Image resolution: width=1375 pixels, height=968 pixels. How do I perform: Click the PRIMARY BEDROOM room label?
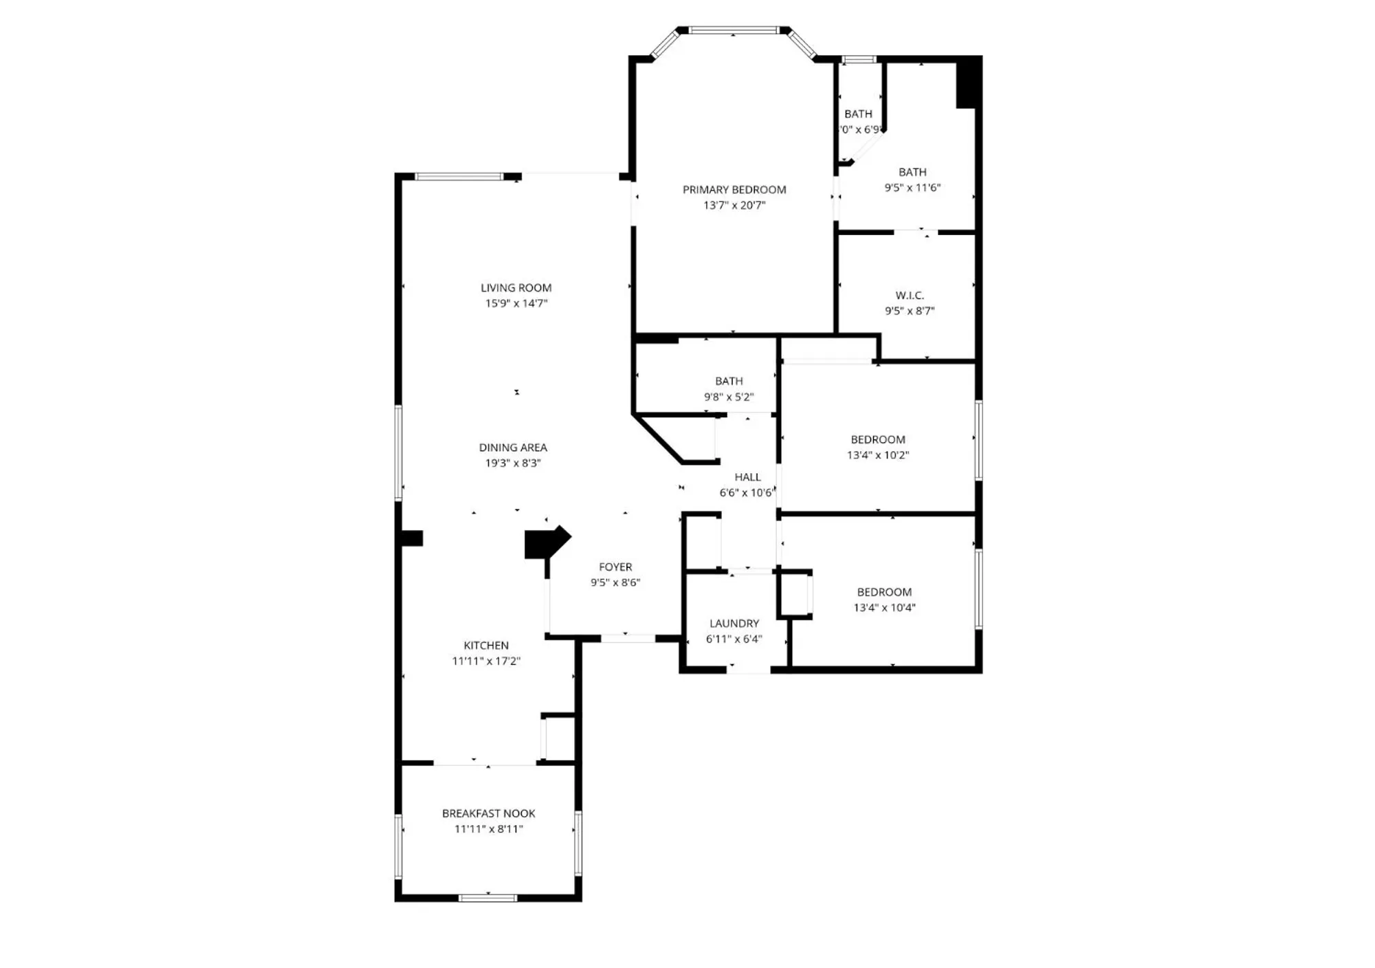point(734,190)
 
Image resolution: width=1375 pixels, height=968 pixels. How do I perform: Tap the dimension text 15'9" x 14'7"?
point(516,303)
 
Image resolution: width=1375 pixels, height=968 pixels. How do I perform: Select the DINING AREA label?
point(513,448)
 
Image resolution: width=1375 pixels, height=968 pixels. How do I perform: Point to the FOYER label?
point(615,567)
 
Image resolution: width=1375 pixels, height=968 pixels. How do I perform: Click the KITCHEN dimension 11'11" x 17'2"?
point(485,661)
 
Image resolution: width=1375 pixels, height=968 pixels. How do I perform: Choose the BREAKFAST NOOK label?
point(488,813)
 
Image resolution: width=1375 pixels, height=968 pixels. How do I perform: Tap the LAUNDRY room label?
point(734,624)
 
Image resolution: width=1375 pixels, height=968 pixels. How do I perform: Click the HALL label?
point(747,477)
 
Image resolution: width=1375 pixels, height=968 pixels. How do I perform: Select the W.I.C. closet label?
point(909,296)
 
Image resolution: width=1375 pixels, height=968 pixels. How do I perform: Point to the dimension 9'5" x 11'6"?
point(912,188)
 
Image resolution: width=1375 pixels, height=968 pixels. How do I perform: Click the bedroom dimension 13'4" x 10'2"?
point(877,455)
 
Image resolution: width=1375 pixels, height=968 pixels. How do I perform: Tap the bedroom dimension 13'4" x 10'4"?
point(884,608)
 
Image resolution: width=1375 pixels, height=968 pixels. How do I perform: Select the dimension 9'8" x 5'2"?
point(728,397)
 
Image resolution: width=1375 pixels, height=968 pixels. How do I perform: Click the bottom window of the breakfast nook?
point(487,897)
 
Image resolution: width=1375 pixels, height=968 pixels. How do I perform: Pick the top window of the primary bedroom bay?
point(733,30)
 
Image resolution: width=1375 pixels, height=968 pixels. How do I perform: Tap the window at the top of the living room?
point(459,177)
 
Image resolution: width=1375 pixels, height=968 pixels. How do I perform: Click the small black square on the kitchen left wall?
point(412,538)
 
